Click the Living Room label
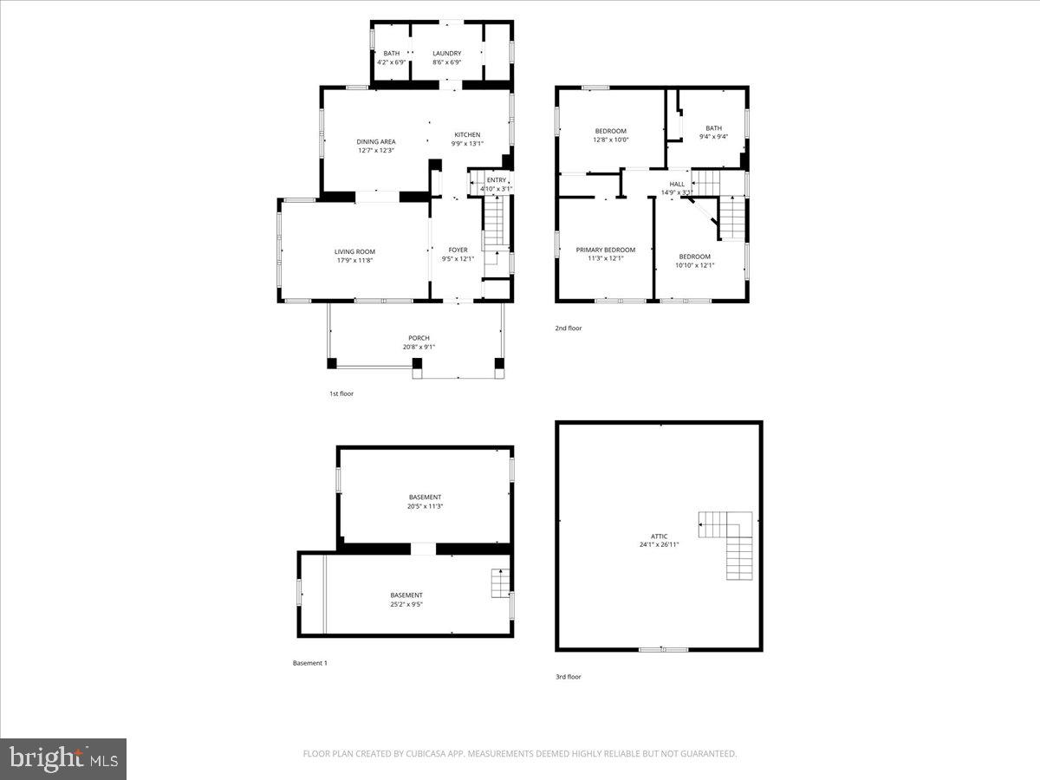click(354, 251)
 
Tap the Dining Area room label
click(376, 141)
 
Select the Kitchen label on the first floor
click(467, 134)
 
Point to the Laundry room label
click(446, 54)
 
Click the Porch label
click(419, 338)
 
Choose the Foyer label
click(458, 250)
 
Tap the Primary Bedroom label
click(606, 250)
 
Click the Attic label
click(660, 536)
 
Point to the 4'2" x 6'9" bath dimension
click(392, 62)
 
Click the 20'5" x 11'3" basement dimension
click(425, 506)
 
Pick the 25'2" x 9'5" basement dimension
click(406, 604)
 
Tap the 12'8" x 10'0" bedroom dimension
click(610, 140)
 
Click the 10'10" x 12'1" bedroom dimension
click(694, 265)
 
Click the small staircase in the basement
click(501, 583)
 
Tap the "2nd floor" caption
click(569, 328)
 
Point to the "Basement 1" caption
click(310, 663)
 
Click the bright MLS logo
click(63, 759)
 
